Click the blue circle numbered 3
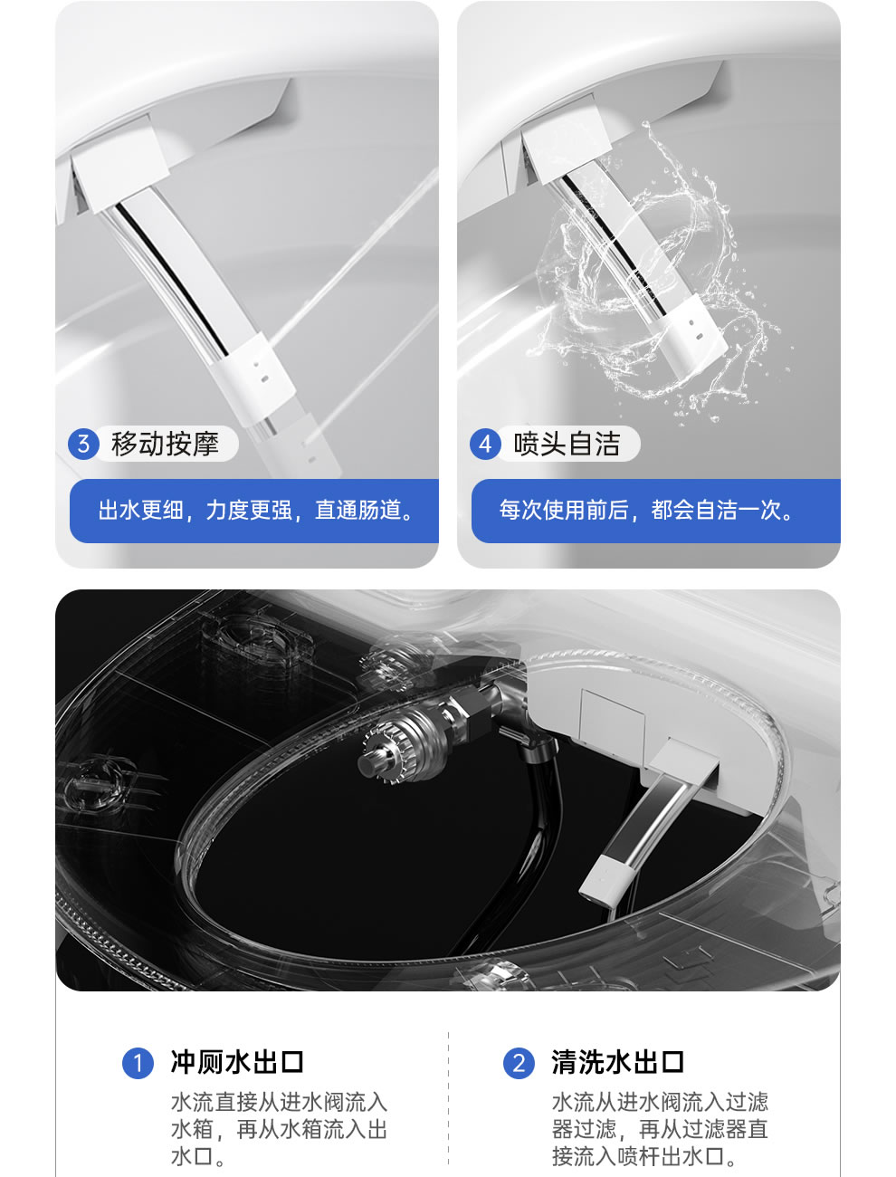[x=83, y=444]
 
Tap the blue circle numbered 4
[x=485, y=444]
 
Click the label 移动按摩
[x=165, y=444]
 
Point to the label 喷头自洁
[x=567, y=444]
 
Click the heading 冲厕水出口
[x=237, y=1062]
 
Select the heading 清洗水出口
[x=618, y=1062]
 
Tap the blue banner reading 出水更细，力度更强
[x=254, y=511]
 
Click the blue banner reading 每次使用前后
[x=656, y=511]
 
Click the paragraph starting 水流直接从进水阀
[x=279, y=1129]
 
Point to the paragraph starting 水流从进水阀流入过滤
[x=660, y=1129]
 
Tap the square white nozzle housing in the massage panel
[x=120, y=167]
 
